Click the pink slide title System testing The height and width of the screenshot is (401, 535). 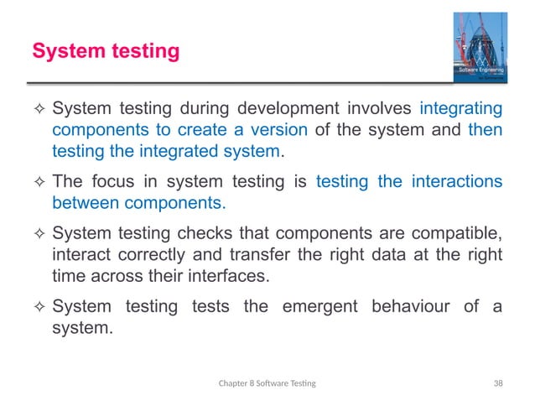(x=106, y=52)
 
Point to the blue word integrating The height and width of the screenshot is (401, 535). (x=460, y=109)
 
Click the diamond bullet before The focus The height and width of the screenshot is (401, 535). (x=37, y=182)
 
